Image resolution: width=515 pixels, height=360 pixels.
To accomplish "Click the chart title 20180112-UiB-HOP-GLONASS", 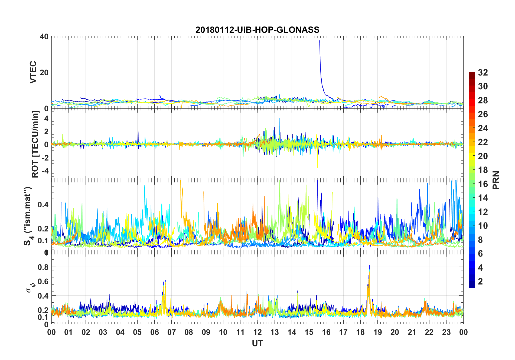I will (257, 30).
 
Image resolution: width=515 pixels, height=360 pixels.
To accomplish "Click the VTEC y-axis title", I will (33, 72).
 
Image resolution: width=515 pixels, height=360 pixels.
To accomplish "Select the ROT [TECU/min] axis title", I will (35, 144).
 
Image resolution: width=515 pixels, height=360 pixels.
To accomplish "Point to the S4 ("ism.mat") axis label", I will (28, 216).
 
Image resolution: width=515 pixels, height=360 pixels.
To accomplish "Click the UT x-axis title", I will (257, 343).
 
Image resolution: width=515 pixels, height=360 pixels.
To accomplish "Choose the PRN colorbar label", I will (496, 180).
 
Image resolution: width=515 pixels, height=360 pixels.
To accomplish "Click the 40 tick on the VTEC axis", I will (44, 37).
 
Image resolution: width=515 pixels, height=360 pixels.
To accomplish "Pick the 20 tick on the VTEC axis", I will (44, 73).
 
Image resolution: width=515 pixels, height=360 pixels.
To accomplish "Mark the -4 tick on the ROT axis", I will (43, 170).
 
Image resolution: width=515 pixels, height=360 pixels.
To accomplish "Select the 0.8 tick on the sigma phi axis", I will (43, 267).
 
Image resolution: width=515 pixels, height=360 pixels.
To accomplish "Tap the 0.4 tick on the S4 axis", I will (43, 204).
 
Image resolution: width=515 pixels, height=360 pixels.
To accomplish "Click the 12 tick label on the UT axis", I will (257, 332).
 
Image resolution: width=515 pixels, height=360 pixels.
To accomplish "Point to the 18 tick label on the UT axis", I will (360, 332).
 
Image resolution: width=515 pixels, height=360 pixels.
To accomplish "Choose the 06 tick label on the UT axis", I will (154, 332).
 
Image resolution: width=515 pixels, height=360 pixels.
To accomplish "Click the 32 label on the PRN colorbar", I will (483, 73).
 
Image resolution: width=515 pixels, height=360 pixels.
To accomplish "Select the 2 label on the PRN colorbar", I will (480, 282).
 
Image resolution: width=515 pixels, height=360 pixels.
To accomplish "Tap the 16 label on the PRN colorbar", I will (483, 184).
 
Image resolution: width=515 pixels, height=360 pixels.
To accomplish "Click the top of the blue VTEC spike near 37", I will (320, 41).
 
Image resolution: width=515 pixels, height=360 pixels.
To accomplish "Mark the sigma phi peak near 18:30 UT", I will (369, 266).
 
